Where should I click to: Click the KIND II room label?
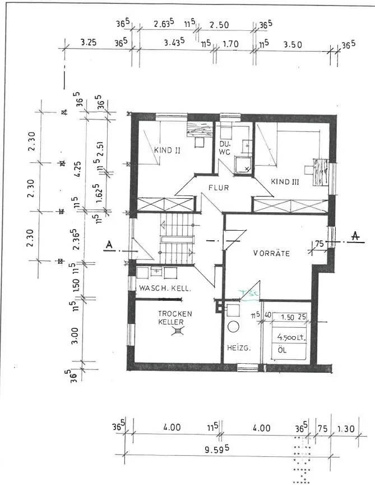[166, 150]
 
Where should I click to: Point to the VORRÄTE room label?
[271, 253]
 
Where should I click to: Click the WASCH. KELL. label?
[165, 289]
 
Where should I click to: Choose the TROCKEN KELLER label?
[175, 318]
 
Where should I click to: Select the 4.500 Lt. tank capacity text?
[288, 338]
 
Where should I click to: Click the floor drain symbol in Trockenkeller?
[178, 332]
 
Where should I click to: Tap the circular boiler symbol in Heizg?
[233, 327]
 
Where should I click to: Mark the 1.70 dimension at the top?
[231, 43]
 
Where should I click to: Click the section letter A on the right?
[354, 237]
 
